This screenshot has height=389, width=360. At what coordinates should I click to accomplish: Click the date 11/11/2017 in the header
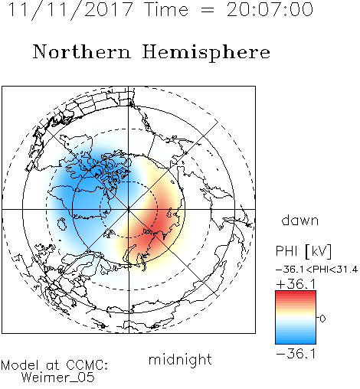click(70, 10)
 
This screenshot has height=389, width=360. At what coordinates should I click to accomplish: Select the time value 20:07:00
click(270, 10)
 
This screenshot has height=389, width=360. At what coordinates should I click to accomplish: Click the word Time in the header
click(166, 10)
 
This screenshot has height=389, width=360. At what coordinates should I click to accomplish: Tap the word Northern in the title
click(82, 52)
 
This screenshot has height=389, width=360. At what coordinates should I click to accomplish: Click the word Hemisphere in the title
click(206, 53)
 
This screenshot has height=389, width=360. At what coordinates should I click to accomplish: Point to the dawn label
click(300, 220)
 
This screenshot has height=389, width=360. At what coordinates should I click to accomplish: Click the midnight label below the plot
click(180, 360)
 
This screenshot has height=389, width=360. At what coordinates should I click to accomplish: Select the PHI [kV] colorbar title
click(303, 251)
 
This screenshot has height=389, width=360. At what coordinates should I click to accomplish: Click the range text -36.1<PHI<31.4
click(316, 270)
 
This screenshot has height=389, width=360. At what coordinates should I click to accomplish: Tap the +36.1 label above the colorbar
click(296, 284)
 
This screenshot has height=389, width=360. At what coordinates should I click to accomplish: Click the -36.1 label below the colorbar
click(296, 354)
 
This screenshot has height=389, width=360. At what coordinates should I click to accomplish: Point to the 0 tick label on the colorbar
click(322, 319)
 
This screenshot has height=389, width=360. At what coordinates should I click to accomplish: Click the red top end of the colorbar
click(296, 293)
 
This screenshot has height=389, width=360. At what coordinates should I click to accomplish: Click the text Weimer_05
click(58, 378)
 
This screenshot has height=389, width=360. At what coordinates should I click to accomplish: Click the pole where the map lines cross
click(129, 209)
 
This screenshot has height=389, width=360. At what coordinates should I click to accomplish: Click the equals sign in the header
click(208, 10)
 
